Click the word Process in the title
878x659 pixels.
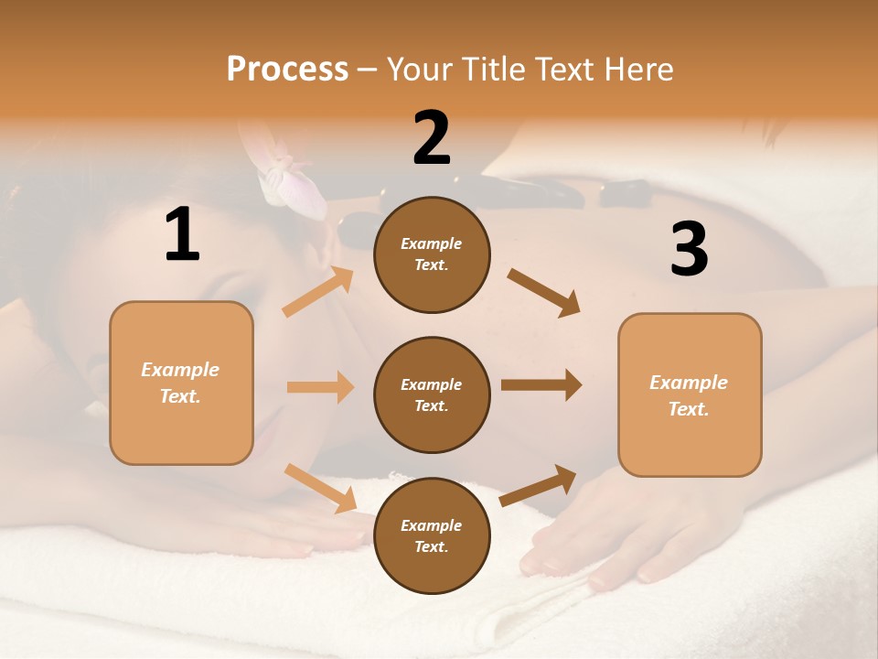coord(287,70)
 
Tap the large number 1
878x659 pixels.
coord(182,234)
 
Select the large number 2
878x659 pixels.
coord(432,138)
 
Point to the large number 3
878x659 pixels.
coord(689,249)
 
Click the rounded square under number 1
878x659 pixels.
coord(181,383)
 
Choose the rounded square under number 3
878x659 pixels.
coord(690,394)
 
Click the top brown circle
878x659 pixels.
coord(432,254)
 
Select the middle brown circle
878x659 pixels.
coord(432,394)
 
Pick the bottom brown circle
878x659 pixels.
coord(432,535)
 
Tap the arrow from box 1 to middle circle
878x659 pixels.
coord(320,387)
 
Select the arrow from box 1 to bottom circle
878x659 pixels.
coord(320,487)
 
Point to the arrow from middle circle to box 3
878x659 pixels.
coord(541,385)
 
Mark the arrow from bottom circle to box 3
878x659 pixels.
coord(538,485)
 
